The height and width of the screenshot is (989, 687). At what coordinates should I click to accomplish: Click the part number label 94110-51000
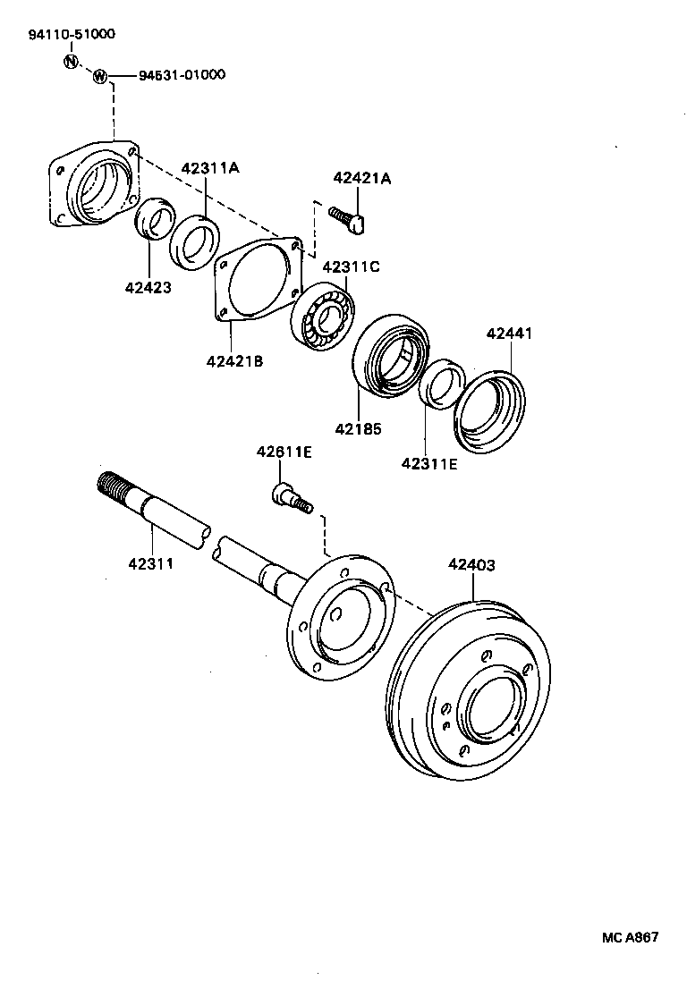coord(71,35)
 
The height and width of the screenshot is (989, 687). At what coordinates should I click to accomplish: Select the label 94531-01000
coord(182,75)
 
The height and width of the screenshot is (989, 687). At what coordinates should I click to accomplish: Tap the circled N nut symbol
coord(72,61)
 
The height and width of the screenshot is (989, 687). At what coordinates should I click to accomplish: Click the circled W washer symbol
coord(100,76)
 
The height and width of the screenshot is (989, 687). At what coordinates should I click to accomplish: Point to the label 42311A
coord(210,168)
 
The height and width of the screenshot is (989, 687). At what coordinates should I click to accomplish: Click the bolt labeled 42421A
coord(349,219)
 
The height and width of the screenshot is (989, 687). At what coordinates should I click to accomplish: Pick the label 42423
coord(148,287)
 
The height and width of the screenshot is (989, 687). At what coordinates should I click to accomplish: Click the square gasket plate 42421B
coord(259,278)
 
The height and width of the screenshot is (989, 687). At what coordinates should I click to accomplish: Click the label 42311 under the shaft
coord(150,563)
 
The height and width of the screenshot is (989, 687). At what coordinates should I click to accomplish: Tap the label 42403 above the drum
coord(471,564)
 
